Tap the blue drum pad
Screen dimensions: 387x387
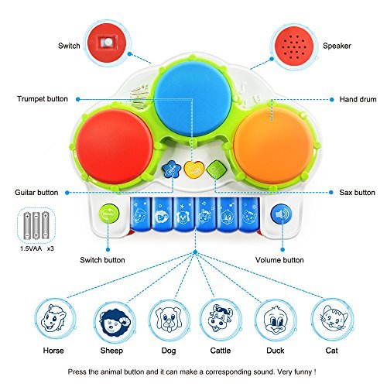click(193, 99)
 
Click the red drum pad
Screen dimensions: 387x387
click(115, 146)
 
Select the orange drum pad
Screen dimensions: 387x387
click(274, 145)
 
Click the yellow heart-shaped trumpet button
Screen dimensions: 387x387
click(193, 169)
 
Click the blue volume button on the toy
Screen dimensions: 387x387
click(281, 214)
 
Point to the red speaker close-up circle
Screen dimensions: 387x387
click(294, 46)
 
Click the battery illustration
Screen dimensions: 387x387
click(36, 225)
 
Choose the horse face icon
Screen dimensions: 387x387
click(54, 319)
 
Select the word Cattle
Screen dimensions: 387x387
click(221, 351)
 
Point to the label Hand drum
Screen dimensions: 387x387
click(358, 99)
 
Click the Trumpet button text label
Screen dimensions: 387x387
click(43, 99)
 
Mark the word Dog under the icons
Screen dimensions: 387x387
click(169, 351)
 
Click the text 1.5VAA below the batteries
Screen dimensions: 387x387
click(31, 248)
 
